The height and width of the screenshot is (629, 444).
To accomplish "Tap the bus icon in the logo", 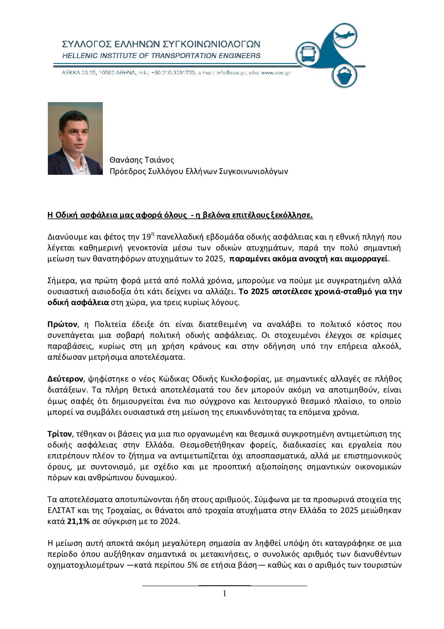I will click(x=308, y=54).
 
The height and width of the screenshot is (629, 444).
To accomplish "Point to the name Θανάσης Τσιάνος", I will click(x=141, y=160).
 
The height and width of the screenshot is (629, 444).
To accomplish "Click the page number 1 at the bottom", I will click(x=225, y=593).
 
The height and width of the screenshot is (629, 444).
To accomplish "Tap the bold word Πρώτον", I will click(x=63, y=324).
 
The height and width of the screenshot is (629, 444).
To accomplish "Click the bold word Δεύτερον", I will click(x=65, y=379).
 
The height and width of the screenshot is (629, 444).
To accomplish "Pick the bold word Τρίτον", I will click(x=60, y=434).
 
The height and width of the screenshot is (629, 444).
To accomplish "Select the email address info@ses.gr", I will click(x=230, y=73).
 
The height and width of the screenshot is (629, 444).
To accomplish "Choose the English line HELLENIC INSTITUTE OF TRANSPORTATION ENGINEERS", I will click(x=161, y=55).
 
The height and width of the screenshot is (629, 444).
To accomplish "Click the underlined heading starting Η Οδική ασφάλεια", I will click(x=180, y=215).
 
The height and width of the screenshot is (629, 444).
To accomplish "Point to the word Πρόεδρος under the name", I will click(x=127, y=171).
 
